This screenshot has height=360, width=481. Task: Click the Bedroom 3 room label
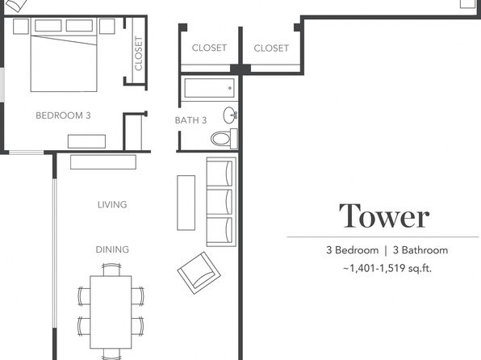pos(63,115)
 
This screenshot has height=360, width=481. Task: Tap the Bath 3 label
pos(190,120)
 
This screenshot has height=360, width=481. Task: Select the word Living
pos(112,205)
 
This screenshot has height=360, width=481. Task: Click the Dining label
pos(112,249)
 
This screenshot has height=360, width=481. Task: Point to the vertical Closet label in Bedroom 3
pos(139,53)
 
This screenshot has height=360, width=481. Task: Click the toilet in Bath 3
pos(224,138)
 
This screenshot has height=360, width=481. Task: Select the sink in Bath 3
pos(230,115)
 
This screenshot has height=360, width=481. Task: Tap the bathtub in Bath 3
pos(210,88)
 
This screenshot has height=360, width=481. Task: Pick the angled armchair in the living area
pos(199,273)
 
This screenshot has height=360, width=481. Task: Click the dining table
pos(111,312)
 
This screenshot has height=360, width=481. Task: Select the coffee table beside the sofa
pos(186,203)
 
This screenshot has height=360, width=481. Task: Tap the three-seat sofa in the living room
pos(221,202)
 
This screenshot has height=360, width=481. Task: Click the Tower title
pos(384,216)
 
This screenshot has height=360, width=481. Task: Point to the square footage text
pos(387,269)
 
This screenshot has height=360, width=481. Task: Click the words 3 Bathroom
pos(420,250)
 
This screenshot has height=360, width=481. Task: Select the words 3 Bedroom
pos(352,250)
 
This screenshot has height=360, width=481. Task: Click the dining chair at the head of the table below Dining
pos(111,270)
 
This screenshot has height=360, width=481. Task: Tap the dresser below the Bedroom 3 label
pos(86,141)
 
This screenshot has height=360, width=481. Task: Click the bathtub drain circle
pos(230,89)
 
